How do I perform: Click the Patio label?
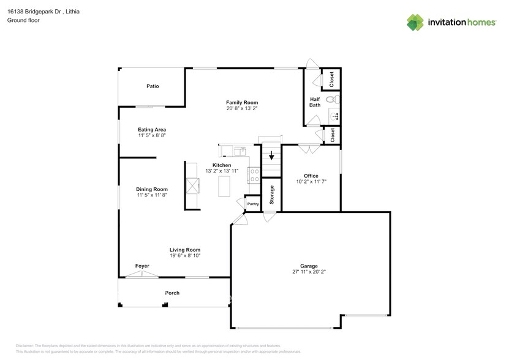pos(153,86)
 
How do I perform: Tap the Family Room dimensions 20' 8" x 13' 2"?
pos(242,108)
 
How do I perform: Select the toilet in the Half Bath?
pos(331,99)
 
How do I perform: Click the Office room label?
pos(311,176)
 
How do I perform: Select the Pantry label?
pos(253,204)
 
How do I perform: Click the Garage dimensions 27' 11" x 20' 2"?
pos(309,272)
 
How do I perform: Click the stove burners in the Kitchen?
pos(254,176)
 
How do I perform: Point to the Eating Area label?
pos(152,129)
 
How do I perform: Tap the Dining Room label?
pos(152,189)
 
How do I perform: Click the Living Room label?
pos(185,250)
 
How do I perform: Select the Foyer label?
pos(142,266)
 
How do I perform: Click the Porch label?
pos(172,293)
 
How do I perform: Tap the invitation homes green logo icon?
pos(416,23)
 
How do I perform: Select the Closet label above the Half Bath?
pos(332,78)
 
